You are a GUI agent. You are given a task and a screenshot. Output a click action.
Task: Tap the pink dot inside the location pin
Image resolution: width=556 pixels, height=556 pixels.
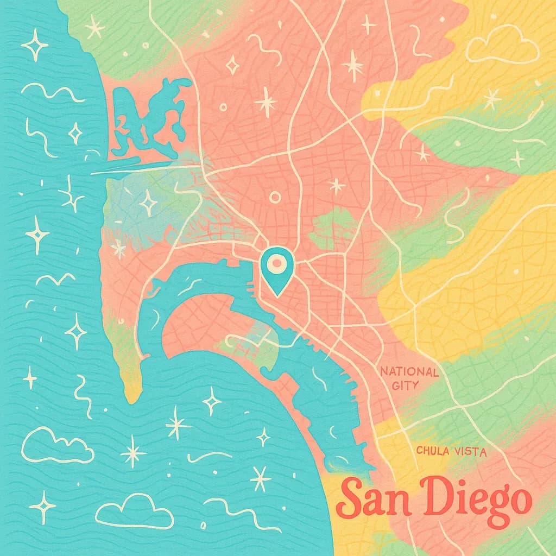pos(276,264)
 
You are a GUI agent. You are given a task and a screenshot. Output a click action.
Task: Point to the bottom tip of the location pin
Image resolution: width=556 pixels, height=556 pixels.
pos(277,295)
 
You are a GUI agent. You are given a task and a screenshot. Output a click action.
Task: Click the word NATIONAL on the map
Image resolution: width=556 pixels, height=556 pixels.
pos(409,372)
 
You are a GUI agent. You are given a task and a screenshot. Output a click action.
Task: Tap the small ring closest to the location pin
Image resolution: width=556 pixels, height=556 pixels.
pos(275,197)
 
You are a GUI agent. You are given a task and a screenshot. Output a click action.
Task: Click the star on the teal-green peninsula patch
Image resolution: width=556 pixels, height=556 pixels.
pos(147,203)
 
